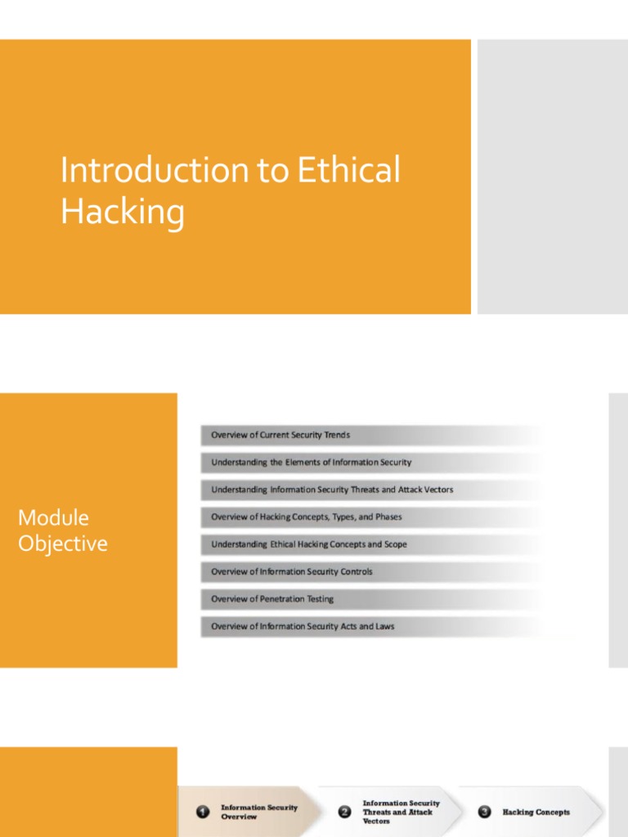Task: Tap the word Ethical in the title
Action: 348,171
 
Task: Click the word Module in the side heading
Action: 53,517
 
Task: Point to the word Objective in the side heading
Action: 63,544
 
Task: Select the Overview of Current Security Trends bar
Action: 280,435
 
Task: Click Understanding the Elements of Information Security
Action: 311,463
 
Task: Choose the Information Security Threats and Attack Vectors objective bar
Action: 332,490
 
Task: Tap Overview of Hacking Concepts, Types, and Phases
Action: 307,517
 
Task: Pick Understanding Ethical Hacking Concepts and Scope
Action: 309,544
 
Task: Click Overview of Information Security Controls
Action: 292,572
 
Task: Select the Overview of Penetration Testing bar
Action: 272,599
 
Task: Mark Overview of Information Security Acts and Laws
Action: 303,627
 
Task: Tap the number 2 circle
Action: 345,812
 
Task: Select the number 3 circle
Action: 485,812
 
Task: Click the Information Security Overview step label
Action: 259,812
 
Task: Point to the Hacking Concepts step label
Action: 536,812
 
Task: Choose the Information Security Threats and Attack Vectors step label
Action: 401,812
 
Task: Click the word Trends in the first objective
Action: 336,435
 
